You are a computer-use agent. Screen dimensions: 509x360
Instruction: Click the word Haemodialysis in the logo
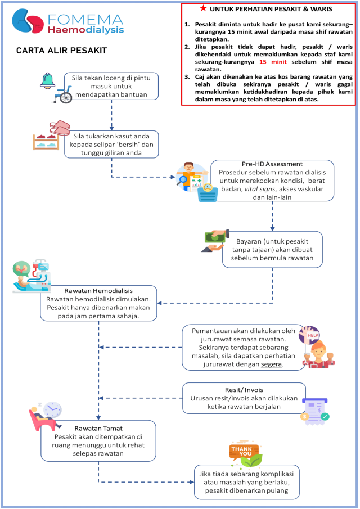[x=85, y=29]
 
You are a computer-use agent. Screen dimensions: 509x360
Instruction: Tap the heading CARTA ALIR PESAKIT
[x=61, y=51]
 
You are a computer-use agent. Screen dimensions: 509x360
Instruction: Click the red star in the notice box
[x=202, y=8]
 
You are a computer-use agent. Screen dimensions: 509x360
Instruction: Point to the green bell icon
[x=47, y=80]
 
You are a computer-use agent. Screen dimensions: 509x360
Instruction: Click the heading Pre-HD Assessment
[x=272, y=164]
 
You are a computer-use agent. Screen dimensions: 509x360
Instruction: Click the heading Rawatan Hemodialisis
[x=98, y=290]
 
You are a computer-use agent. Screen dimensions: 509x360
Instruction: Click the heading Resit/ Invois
[x=245, y=389]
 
